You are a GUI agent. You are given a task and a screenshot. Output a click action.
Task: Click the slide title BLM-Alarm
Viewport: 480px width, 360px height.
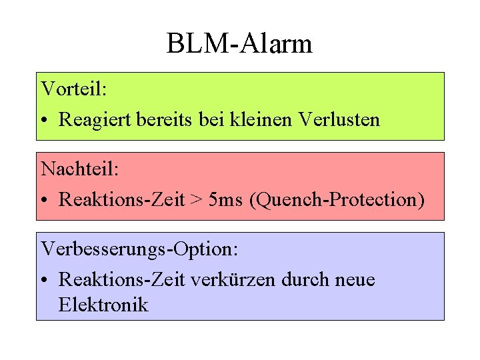[239, 45]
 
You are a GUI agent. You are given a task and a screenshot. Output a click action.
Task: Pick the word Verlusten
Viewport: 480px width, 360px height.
[340, 120]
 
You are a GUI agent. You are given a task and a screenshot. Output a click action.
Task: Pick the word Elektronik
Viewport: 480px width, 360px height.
[103, 305]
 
